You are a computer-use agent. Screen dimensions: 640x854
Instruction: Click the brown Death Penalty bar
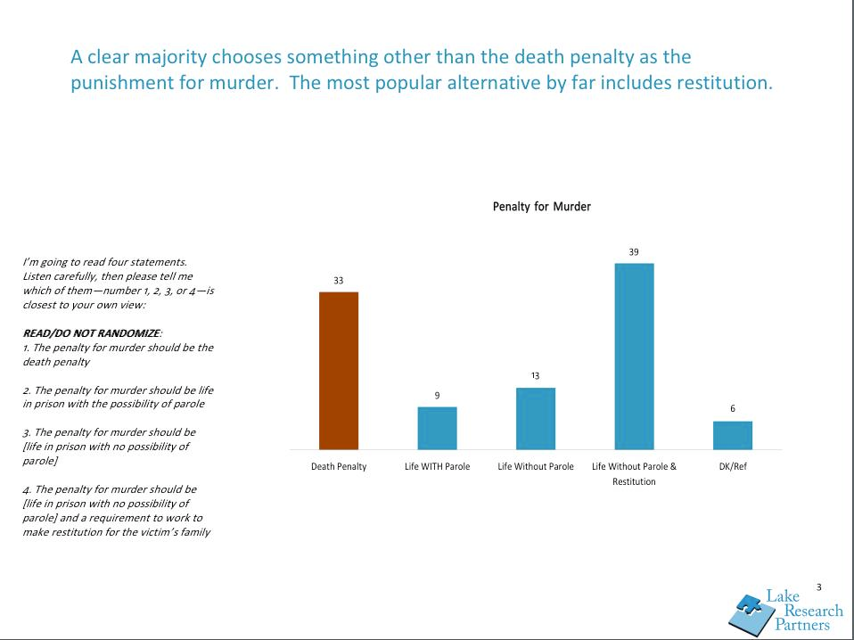[339, 370]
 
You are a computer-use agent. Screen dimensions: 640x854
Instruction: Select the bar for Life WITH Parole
[437, 428]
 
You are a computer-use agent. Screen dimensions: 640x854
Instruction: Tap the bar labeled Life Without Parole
[536, 418]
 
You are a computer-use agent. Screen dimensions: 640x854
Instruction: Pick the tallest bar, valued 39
[634, 356]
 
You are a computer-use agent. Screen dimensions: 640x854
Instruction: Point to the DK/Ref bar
[733, 435]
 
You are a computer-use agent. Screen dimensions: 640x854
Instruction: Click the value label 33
[339, 281]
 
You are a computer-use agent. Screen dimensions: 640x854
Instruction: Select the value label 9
[437, 395]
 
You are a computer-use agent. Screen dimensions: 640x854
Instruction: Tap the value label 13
[536, 376]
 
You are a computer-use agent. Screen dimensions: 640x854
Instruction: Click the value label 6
[733, 409]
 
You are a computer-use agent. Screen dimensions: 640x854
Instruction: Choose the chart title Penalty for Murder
[542, 207]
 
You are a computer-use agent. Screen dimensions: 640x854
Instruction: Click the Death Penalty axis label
[339, 467]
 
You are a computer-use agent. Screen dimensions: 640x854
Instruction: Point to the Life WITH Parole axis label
[437, 467]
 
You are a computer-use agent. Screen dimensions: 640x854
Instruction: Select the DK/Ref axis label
[733, 467]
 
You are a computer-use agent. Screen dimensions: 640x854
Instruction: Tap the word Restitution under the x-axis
[634, 482]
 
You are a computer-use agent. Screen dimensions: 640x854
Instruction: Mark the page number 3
[818, 587]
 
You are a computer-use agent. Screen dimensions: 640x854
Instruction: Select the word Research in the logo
[812, 611]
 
